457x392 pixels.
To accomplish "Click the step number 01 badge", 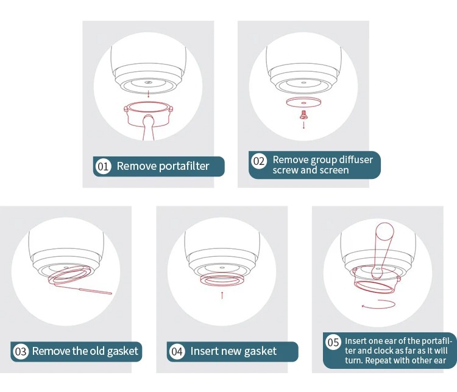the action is click(x=103, y=166).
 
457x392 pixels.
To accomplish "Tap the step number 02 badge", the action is click(x=259, y=161).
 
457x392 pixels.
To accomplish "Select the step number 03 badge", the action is click(x=21, y=351).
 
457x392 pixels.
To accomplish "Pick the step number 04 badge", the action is click(x=177, y=351).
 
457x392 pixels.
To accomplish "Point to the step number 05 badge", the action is click(x=333, y=342).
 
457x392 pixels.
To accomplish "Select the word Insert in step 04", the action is click(x=204, y=351).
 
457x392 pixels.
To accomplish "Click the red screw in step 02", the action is click(x=303, y=114).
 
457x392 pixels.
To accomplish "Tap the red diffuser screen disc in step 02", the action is click(x=303, y=102).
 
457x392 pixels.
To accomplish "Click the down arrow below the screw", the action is click(x=303, y=125).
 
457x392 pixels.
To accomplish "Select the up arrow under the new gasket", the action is click(x=222, y=295).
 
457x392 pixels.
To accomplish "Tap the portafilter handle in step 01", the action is click(x=148, y=128).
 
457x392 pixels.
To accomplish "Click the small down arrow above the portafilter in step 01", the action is click(x=148, y=94).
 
